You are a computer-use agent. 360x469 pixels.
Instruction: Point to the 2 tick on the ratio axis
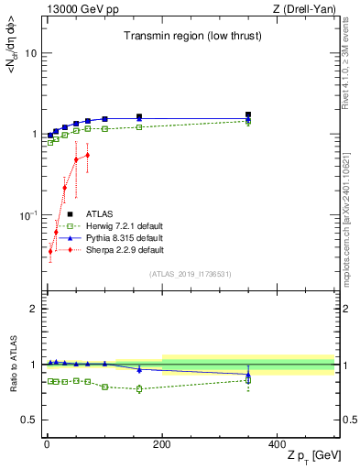pos(33,309)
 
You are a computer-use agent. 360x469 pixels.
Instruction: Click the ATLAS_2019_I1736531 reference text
pos(189,274)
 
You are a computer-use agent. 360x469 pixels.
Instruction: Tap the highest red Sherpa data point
pos(87,155)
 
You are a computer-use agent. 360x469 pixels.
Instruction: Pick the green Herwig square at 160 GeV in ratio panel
pos(139,388)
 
